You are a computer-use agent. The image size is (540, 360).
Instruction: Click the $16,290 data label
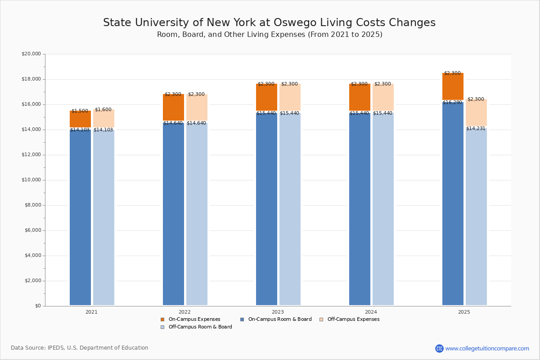pyautogui.click(x=452, y=103)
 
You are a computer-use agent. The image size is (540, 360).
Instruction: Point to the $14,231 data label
pyautogui.click(x=476, y=129)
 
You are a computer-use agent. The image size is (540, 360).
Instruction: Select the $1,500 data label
pyautogui.click(x=80, y=111)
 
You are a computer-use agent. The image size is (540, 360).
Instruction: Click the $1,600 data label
pyautogui.click(x=103, y=110)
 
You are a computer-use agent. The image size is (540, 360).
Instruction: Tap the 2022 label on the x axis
pyautogui.click(x=184, y=312)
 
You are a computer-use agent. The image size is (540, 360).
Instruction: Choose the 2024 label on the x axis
pyautogui.click(x=371, y=312)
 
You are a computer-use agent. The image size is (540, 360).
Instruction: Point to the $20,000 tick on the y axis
pyautogui.click(x=31, y=54)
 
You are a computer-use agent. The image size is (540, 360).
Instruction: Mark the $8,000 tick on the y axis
pyautogui.click(x=32, y=205)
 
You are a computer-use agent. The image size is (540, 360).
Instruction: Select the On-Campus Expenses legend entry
pyautogui.click(x=194, y=319)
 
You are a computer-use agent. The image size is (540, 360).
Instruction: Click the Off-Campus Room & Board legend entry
pyautogui.click(x=200, y=327)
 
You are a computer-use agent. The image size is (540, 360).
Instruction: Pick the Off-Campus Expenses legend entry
pyautogui.click(x=353, y=319)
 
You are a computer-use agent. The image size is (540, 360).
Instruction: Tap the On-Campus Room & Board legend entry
pyautogui.click(x=279, y=319)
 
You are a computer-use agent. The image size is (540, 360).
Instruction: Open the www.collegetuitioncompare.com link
pyautogui.click(x=487, y=348)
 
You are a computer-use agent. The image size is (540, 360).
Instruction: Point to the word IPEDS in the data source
pyautogui.click(x=57, y=348)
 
